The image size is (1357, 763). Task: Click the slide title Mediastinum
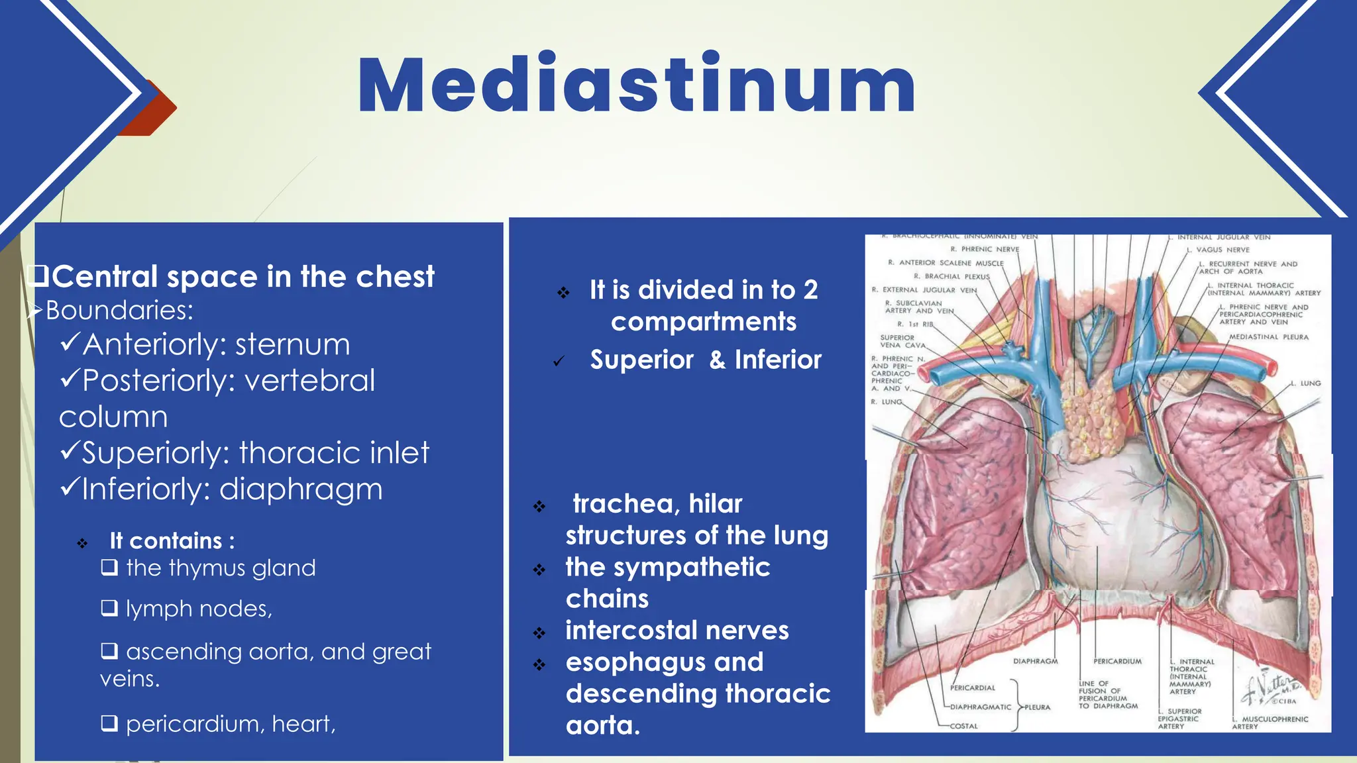point(636,86)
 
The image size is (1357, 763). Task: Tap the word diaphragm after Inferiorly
point(301,489)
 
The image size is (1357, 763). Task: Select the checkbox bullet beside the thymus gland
point(109,568)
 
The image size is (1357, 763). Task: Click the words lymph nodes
point(199,609)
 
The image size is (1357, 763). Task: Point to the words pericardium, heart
point(231,724)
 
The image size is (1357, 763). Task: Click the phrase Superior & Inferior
point(706,360)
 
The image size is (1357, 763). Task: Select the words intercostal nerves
point(677,631)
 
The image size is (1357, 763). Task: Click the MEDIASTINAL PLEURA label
point(1268,337)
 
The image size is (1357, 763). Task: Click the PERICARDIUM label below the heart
point(1117,661)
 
